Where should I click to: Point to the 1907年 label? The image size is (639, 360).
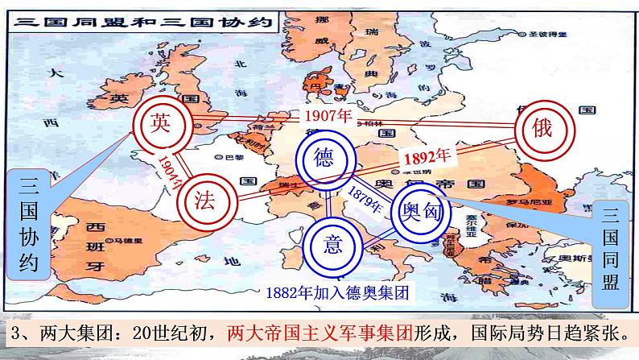pos(330,116)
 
